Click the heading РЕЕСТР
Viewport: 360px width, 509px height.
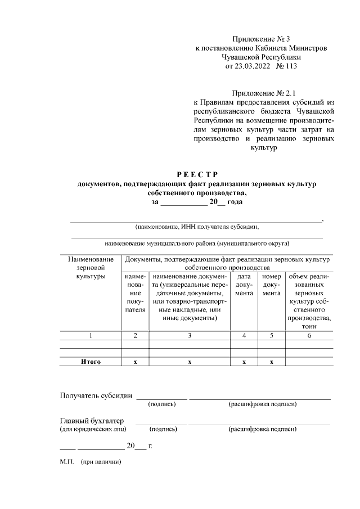[x=197, y=174]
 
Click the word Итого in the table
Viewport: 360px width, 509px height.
[x=90, y=362]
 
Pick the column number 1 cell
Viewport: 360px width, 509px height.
[x=90, y=336]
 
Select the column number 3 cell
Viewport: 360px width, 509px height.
[x=190, y=336]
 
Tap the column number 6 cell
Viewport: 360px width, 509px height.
[x=309, y=336]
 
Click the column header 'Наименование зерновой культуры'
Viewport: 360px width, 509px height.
[x=90, y=268]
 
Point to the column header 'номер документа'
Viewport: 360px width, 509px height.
[x=272, y=285]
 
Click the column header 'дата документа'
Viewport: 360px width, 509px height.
[x=244, y=285]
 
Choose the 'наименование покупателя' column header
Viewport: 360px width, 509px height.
[x=135, y=293]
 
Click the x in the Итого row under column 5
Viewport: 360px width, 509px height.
[x=272, y=362]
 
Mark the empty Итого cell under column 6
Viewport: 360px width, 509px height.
[x=309, y=362]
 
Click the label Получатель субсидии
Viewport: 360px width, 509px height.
[x=96, y=395]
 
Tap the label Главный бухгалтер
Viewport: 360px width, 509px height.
[x=92, y=421]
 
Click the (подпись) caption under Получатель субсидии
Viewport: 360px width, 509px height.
[x=162, y=404]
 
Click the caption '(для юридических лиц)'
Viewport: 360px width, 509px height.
[x=93, y=429]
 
